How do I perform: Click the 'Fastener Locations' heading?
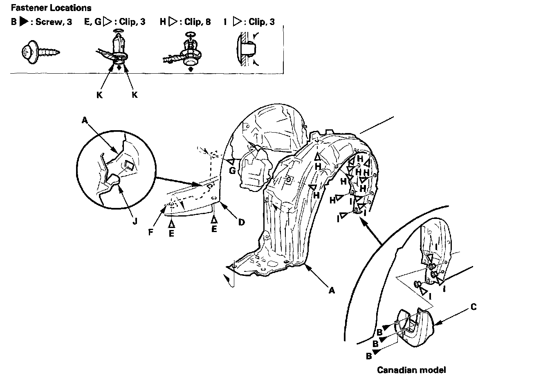[52, 8]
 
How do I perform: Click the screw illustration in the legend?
[40, 52]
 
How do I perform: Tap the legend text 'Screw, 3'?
[54, 22]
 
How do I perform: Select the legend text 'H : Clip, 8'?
[185, 22]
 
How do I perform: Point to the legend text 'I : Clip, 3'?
[249, 22]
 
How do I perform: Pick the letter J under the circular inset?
[136, 221]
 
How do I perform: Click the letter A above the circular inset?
[85, 120]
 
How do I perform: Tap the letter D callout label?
[242, 222]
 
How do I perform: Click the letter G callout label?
[232, 171]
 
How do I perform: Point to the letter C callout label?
[473, 307]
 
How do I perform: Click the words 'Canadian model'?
[411, 370]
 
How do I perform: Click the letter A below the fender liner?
[332, 290]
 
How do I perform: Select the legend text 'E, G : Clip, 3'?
[114, 22]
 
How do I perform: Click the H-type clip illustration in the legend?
[188, 52]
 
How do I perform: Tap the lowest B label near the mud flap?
[369, 356]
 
